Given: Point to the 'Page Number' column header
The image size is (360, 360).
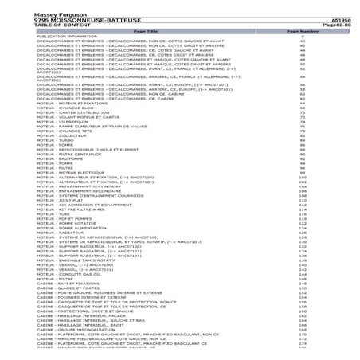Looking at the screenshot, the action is point(302,31).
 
